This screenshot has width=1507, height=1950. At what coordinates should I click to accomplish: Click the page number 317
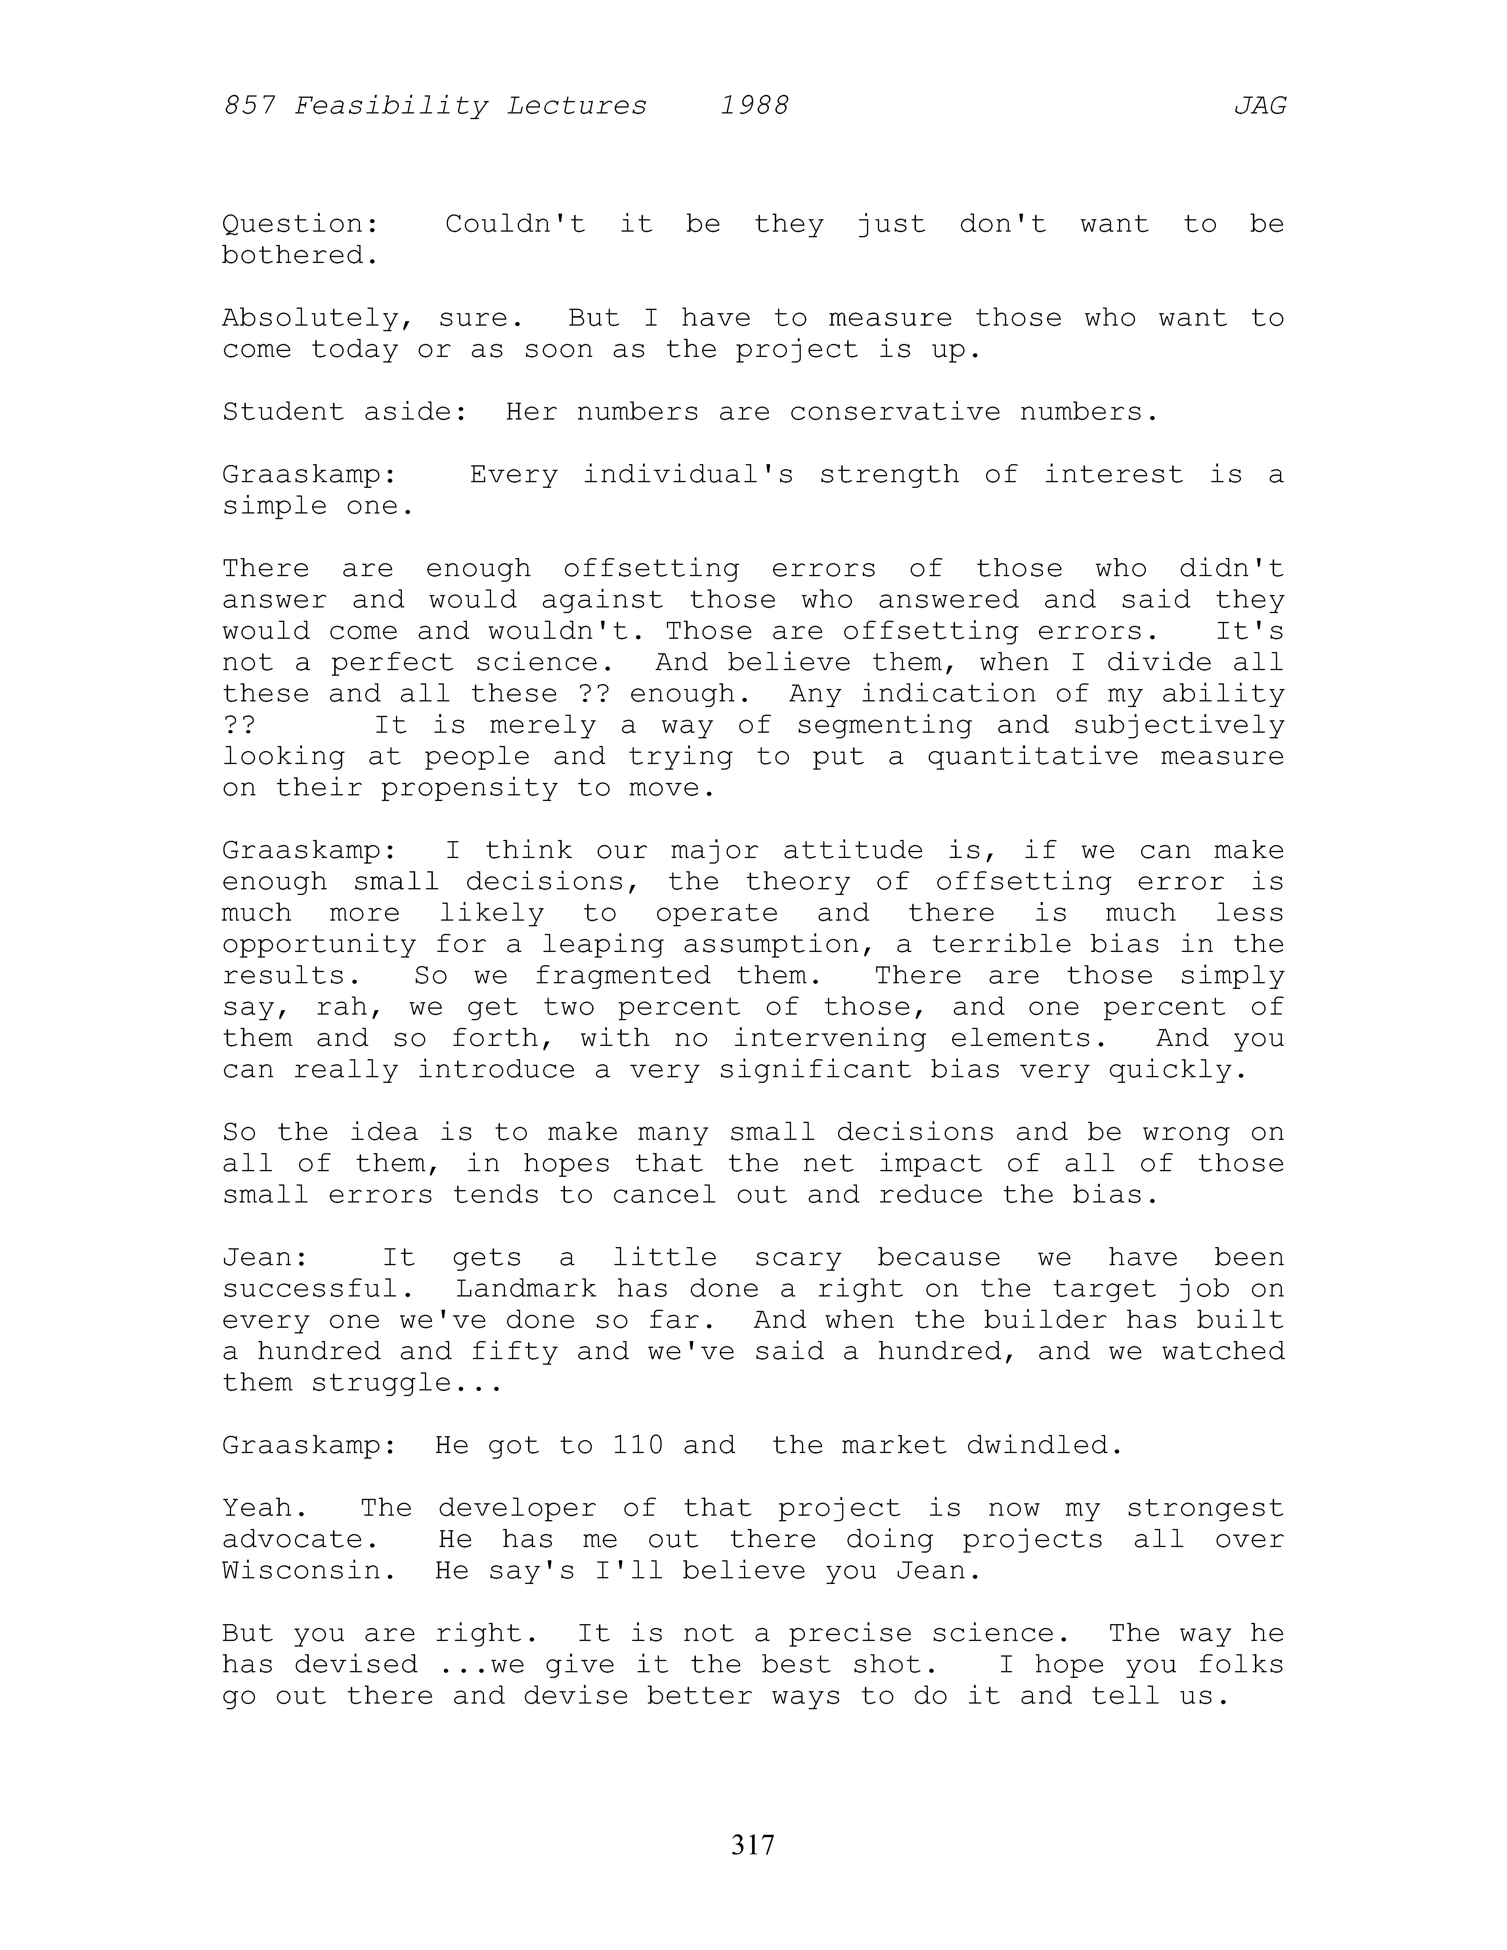[753, 1844]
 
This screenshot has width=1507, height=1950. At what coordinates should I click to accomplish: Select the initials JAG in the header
[1260, 106]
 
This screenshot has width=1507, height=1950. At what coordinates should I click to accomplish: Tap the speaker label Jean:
[265, 1258]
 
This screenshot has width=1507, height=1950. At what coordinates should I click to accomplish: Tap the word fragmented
[622, 976]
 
